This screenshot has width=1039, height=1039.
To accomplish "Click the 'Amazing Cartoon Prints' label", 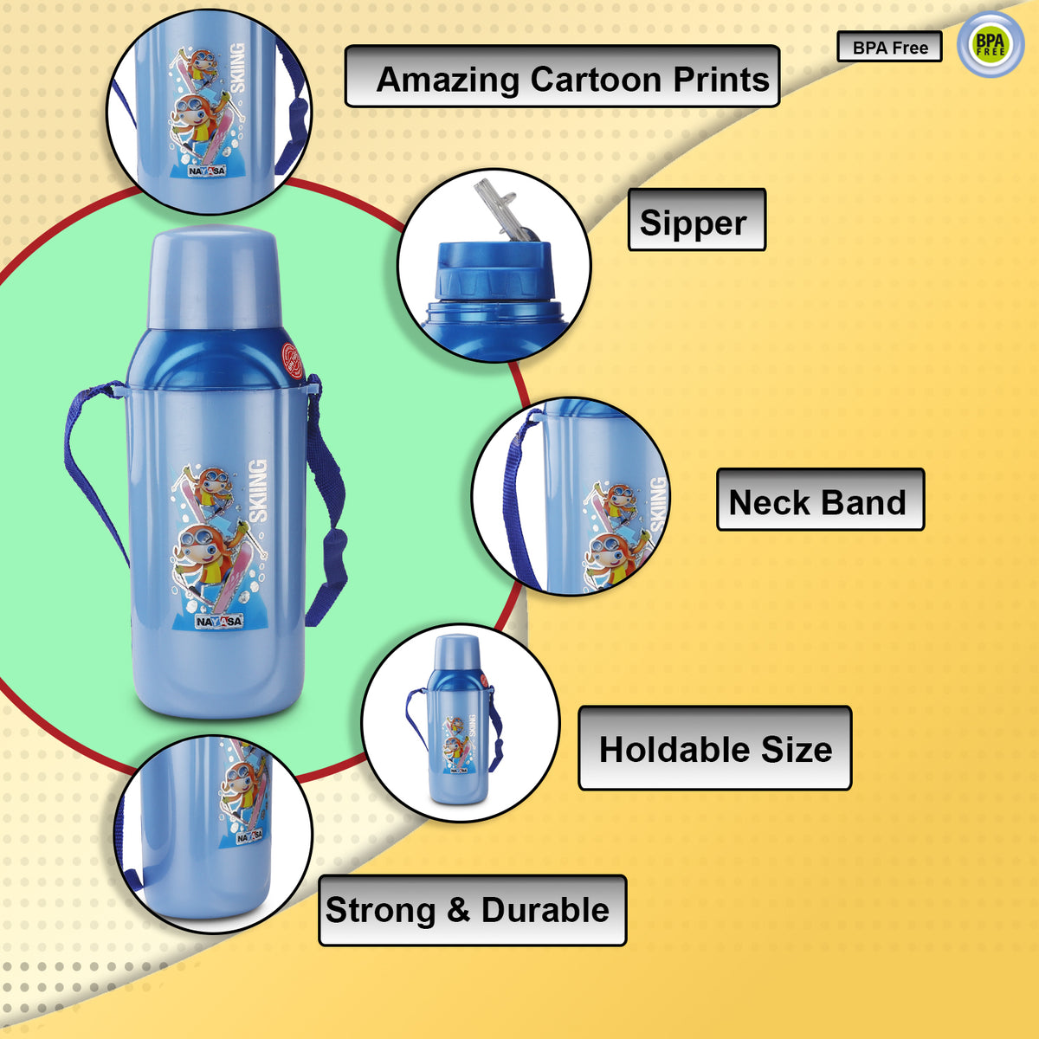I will pos(562,77).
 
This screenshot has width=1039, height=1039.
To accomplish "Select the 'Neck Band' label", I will pos(819,500).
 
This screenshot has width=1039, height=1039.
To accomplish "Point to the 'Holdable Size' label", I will pos(714,748).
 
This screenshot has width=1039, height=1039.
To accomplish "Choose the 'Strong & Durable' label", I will pos(472,910).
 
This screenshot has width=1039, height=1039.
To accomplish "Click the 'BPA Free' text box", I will pos(889,48).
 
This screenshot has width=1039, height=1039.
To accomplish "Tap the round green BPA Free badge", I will pos(990,44).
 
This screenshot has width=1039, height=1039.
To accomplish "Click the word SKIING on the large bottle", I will pos(257,491).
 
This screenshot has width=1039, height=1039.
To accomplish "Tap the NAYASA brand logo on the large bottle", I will pos(219,621).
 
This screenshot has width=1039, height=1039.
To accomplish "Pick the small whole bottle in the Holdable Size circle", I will pos(457,720).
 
